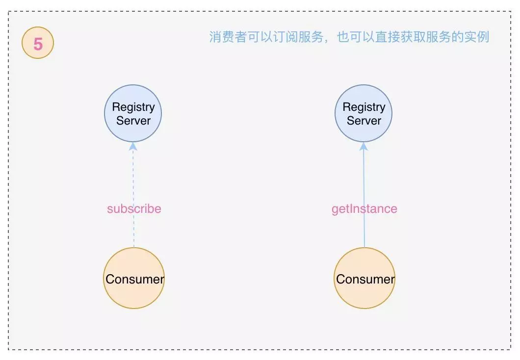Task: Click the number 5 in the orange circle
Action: (38, 44)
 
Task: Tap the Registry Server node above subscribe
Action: (133, 113)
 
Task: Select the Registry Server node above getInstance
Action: (364, 113)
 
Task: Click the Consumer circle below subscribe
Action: (134, 279)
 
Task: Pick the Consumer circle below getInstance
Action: (364, 279)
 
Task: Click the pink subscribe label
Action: (134, 209)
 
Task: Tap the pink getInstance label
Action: (364, 209)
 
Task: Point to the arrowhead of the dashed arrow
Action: (133, 146)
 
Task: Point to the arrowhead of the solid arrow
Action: (364, 146)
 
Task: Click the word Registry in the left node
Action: (133, 107)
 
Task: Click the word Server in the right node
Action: (364, 120)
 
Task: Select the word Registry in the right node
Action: (364, 107)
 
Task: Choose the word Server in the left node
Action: (133, 120)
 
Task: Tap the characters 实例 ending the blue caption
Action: (477, 37)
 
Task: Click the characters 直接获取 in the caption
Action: (393, 37)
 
